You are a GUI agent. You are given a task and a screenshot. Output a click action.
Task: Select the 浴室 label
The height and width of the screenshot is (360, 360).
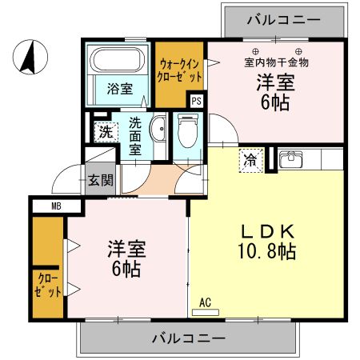120,90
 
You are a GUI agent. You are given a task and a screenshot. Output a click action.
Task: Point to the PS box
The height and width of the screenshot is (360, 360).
196,100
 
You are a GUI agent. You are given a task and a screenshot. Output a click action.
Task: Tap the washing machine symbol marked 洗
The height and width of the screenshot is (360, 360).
105,132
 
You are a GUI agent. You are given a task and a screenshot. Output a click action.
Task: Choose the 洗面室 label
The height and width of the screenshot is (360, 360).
135,135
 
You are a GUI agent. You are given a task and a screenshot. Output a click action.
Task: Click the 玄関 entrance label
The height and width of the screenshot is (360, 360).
100,178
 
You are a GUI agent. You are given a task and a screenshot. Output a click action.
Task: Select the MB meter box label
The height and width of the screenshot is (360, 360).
55,206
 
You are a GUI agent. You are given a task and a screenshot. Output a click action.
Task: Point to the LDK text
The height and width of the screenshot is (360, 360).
269,231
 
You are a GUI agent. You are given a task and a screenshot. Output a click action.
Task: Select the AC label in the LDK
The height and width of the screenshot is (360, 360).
206,302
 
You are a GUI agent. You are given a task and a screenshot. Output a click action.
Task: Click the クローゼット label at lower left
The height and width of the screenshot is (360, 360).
48,285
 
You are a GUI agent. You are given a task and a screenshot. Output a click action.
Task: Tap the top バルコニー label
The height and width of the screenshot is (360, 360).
283,17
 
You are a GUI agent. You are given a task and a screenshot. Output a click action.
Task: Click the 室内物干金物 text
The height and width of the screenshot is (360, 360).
277,62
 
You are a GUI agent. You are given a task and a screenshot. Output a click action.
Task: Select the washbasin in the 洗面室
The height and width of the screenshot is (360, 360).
158,130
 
